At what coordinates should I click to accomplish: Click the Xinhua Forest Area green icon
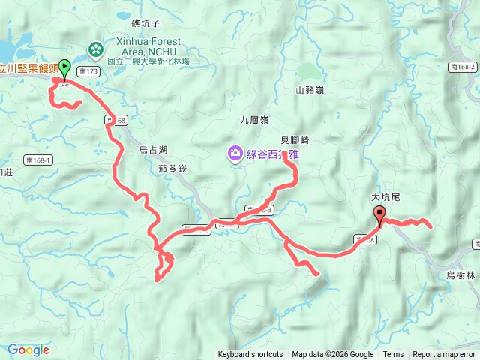tap(96, 49)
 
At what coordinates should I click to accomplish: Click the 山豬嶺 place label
tap(309, 90)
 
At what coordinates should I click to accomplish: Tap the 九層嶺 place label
tap(254, 119)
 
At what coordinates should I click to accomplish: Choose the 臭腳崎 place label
tap(295, 140)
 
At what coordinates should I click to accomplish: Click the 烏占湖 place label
tap(154, 148)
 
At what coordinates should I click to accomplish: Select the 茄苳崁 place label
tap(172, 169)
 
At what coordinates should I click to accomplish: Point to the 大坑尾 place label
tap(388, 196)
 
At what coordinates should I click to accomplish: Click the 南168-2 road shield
tap(464, 67)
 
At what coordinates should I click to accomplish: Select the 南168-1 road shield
tap(37, 160)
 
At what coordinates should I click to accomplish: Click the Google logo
tap(28, 349)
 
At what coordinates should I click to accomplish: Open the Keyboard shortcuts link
tap(250, 355)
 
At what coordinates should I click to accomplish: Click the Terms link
tap(393, 355)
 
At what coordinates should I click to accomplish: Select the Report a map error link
tap(445, 355)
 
